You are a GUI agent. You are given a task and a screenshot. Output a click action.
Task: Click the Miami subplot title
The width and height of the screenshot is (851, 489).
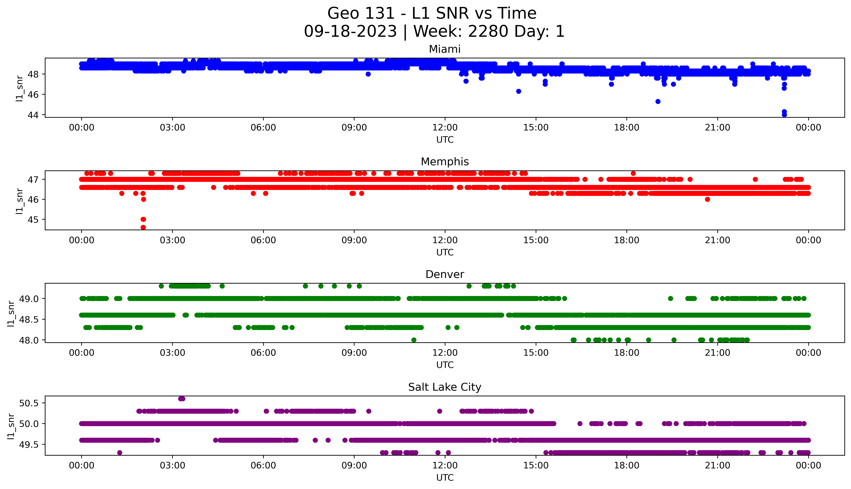444,49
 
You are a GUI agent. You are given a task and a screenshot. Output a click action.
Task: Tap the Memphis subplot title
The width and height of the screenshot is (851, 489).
444,162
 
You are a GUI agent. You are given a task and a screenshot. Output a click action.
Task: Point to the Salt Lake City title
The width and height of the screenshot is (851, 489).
444,387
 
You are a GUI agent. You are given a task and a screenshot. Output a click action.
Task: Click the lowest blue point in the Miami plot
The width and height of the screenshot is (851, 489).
784,114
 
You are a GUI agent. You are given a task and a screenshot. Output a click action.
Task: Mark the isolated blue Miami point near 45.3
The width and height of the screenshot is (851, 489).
658,101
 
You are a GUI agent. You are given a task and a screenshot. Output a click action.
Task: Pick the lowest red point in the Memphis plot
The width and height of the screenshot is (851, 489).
143,227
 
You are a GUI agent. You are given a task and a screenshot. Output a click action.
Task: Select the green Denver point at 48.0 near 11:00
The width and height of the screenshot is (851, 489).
414,340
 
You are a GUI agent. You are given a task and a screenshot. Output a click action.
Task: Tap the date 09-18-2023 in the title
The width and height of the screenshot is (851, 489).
350,32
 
